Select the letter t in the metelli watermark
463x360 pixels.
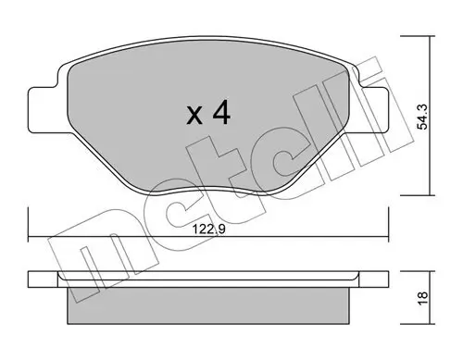pyautogui.click(x=231, y=167)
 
